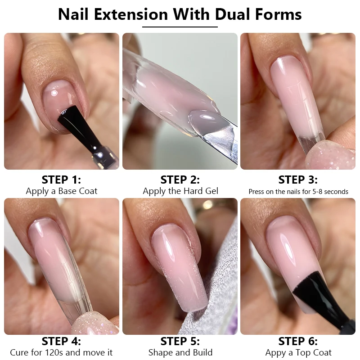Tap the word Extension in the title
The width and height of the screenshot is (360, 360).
coord(131,14)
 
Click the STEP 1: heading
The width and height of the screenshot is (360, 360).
coord(61,180)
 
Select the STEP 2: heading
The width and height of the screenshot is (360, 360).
coord(180,180)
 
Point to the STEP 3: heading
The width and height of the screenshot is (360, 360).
coord(298,180)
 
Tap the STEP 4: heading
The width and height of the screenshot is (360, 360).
coord(61,341)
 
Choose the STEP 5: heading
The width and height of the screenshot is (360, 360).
coord(180,341)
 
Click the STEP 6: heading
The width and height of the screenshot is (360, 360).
coord(298,341)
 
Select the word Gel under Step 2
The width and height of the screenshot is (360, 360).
coord(211,191)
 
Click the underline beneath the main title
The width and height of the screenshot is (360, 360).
coord(180,27)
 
